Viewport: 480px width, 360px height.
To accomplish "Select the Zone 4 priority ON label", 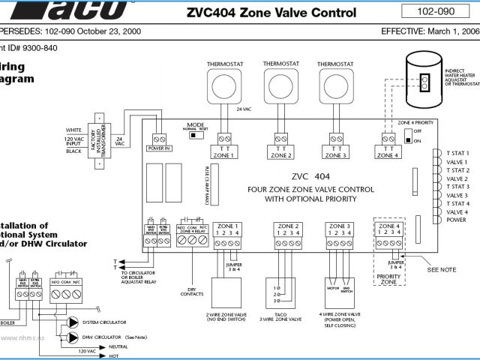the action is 418,140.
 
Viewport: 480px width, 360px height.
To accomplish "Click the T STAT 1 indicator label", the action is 457,154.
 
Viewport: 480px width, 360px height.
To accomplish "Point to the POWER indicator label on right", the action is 455,220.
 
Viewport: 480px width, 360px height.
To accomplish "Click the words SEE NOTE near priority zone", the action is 441,269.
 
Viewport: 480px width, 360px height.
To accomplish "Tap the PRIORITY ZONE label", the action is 388,280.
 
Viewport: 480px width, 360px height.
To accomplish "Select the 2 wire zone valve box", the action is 226,292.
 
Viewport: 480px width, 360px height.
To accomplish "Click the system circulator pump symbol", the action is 73,322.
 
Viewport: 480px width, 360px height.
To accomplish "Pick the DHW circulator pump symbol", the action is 73,337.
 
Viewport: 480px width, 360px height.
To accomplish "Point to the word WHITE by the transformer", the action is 73,130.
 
